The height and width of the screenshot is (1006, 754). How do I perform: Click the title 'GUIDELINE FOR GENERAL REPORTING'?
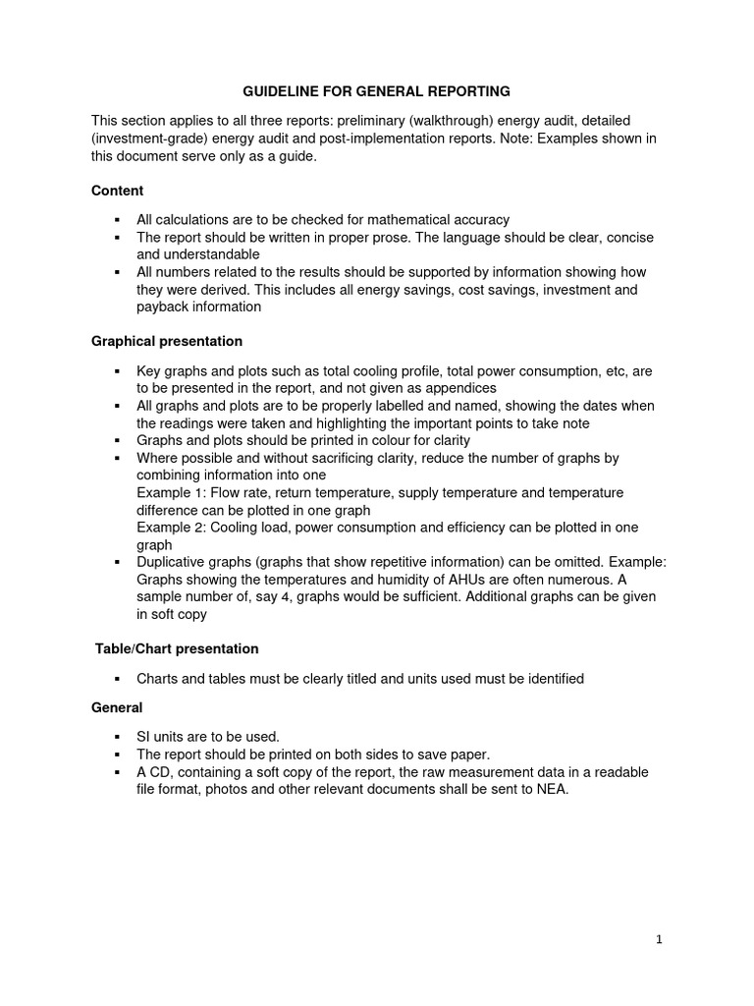coord(377,91)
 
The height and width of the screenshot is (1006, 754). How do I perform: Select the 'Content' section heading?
coord(117,191)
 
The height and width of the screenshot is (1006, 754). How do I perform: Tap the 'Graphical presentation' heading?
coord(167,341)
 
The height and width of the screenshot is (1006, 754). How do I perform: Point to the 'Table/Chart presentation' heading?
coord(177,648)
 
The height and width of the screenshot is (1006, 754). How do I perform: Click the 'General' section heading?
coord(117,707)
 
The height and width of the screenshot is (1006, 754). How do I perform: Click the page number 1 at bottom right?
coord(660,939)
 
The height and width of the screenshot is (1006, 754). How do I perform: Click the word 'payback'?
coord(163,307)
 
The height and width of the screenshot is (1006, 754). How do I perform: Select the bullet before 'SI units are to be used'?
coord(116,737)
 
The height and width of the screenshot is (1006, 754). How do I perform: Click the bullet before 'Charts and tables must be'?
coord(116,679)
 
